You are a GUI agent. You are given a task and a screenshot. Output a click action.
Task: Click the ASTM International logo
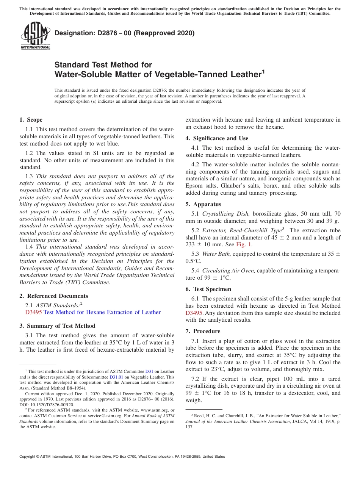click(35, 36)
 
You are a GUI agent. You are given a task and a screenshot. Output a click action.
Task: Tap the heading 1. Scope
click(31, 120)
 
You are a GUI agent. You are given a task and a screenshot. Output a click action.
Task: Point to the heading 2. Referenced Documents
click(53, 296)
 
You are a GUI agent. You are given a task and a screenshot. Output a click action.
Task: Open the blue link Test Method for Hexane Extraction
click(102, 312)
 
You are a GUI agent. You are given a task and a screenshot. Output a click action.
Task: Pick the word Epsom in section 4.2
click(194, 186)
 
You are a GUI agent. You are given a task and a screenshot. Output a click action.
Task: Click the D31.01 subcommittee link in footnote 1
click(116, 377)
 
